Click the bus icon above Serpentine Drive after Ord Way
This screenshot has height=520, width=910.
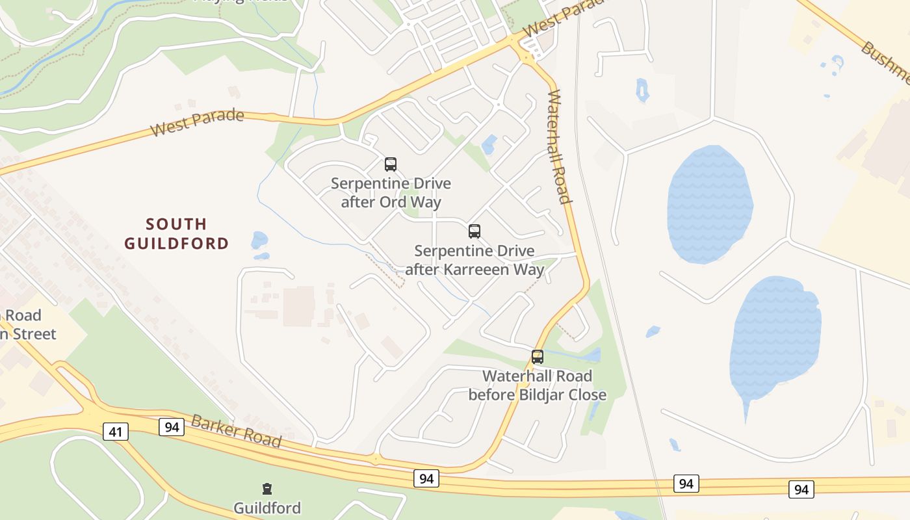pyautogui.click(x=390, y=164)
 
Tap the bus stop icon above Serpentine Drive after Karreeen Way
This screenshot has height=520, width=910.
pyautogui.click(x=474, y=231)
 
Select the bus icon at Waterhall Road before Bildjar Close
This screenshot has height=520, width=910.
pyautogui.click(x=537, y=357)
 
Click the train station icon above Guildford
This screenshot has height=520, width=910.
pyautogui.click(x=266, y=489)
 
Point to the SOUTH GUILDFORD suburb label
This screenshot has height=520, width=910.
pyautogui.click(x=176, y=234)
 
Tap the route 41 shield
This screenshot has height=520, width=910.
pyautogui.click(x=115, y=431)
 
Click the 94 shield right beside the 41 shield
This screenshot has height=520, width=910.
pyautogui.click(x=172, y=427)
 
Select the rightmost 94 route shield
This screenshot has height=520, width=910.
pyautogui.click(x=801, y=489)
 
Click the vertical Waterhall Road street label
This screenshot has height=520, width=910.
pyautogui.click(x=558, y=146)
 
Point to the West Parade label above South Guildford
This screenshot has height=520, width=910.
pyautogui.click(x=197, y=123)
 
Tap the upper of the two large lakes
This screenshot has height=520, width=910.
pyautogui.click(x=709, y=203)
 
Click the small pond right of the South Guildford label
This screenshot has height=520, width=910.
pyautogui.click(x=259, y=240)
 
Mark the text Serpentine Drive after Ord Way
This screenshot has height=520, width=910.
pyautogui.click(x=391, y=192)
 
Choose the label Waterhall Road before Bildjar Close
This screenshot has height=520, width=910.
pyautogui.click(x=537, y=385)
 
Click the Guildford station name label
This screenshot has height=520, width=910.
pyautogui.click(x=266, y=508)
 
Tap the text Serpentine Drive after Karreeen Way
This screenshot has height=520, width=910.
pyautogui.click(x=474, y=260)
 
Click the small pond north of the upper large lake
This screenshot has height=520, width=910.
pyautogui.click(x=642, y=90)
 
